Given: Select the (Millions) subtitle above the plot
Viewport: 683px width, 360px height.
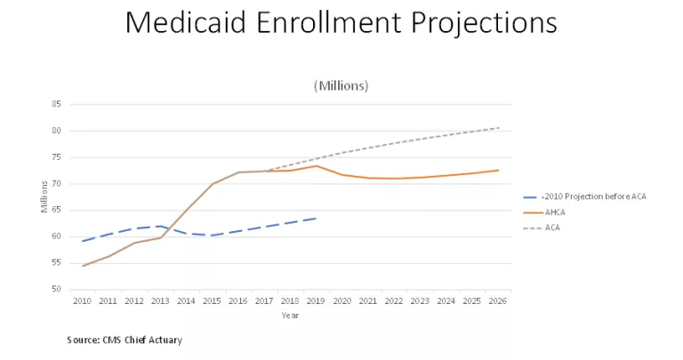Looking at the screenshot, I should pos(341,85).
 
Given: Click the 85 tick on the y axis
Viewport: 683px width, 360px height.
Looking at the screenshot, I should pos(56,104).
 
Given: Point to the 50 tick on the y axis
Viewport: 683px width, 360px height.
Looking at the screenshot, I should pos(56,290).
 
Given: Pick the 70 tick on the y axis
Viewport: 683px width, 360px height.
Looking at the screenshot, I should pos(56,184).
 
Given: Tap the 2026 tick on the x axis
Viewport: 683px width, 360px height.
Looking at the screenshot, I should pos(497,302).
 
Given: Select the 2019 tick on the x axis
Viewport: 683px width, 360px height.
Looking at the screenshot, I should pos(316,302).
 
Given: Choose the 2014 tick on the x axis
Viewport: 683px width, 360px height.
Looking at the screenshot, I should pos(187,302).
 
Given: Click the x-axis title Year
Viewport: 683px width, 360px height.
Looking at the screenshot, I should pos(290,315).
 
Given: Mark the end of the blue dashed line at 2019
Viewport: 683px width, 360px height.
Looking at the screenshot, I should pos(316,218).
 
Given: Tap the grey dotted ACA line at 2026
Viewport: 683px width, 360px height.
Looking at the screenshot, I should pos(498,127).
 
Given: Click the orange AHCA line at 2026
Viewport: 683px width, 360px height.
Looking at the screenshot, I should pos(498,170).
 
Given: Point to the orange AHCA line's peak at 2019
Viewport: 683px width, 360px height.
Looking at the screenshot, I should pos(316,165).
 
